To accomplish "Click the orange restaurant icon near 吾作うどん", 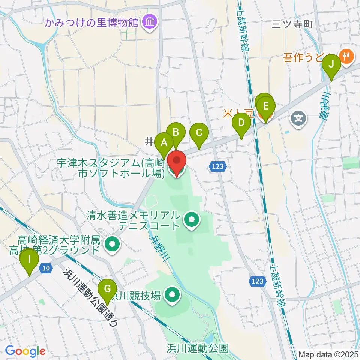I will pos(344,57).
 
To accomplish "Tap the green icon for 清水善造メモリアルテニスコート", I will pos(192,220).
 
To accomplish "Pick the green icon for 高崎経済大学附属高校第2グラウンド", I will pos(112,244).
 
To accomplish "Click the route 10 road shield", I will pos(46,268).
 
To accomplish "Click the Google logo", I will pos(25,351).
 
